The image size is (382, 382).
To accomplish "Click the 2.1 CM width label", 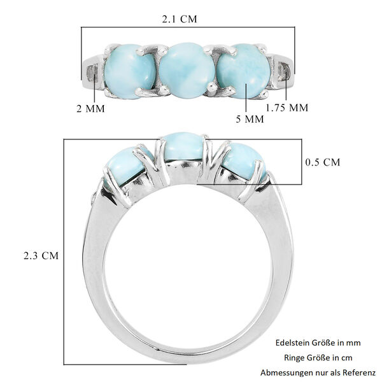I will pyautogui.click(x=179, y=18).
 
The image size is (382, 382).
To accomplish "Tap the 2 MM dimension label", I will pyautogui.click(x=90, y=108).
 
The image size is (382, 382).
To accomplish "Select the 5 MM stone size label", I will pyautogui.click(x=250, y=119).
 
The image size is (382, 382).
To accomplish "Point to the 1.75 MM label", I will pyautogui.click(x=286, y=108).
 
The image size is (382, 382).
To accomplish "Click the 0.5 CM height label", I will pyautogui.click(x=323, y=162).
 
